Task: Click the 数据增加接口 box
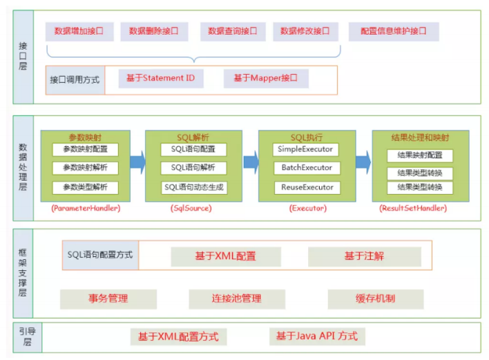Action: click(79, 32)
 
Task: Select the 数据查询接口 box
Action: click(233, 32)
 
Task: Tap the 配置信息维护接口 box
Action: click(394, 32)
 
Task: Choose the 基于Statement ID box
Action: click(161, 78)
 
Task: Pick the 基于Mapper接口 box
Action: click(266, 78)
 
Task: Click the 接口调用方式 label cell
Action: click(75, 80)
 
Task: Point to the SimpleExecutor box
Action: click(305, 149)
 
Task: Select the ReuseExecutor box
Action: click(307, 187)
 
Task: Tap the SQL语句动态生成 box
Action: click(194, 187)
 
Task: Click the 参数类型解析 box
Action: click(85, 187)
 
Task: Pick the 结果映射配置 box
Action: click(420, 155)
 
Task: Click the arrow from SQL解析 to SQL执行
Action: click(251, 162)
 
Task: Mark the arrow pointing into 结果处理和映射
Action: click(363, 162)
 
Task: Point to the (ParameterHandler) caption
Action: click(86, 208)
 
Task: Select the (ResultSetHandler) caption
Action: click(413, 208)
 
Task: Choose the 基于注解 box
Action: click(365, 257)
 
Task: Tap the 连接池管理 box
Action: click(237, 299)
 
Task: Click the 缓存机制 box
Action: click(376, 299)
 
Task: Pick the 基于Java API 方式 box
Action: click(317, 337)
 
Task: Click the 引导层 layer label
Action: click(28, 337)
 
